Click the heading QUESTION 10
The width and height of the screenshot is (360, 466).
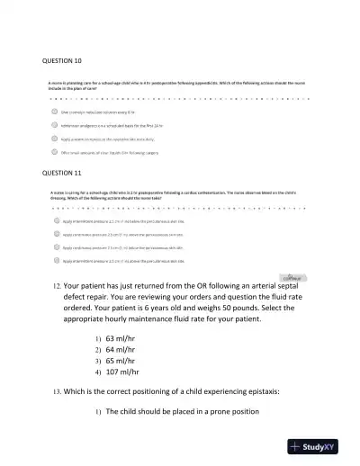63,60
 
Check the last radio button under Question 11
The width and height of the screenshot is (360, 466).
57,260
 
